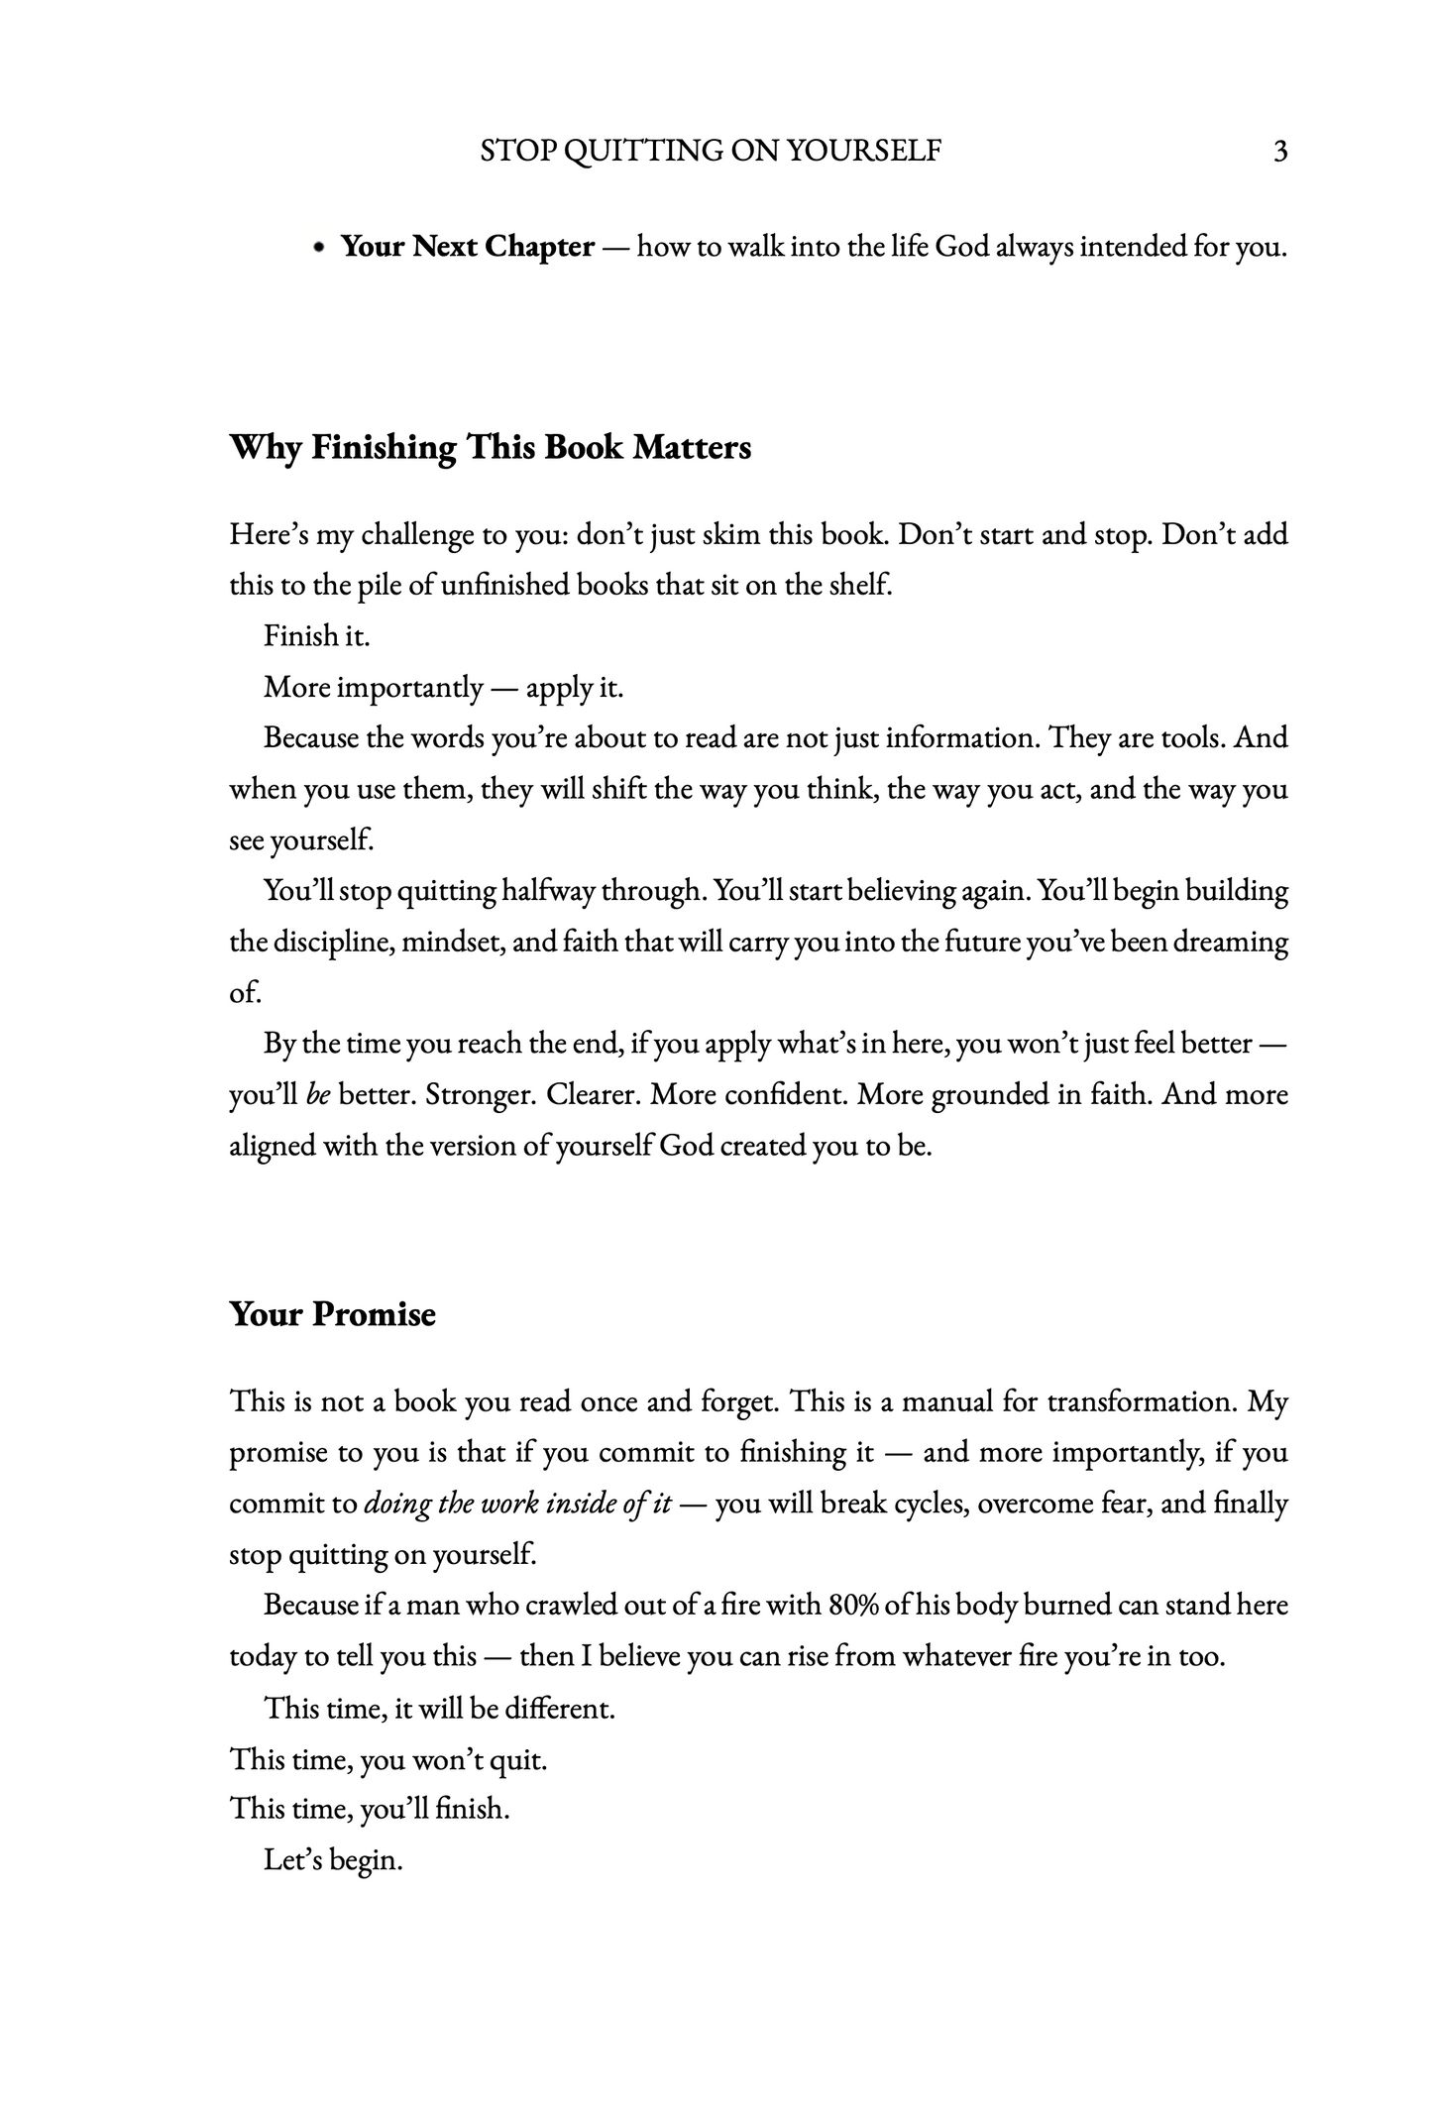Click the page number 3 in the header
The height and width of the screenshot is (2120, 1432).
[x=1279, y=152]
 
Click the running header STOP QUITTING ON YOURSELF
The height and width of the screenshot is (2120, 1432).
[x=711, y=151]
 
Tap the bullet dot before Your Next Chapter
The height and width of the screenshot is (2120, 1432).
[x=318, y=248]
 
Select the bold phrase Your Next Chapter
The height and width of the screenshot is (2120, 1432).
[x=468, y=246]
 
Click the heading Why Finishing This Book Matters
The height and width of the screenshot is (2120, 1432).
[x=491, y=447]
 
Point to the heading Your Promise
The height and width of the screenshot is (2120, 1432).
[x=333, y=1314]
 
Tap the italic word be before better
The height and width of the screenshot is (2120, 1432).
[x=318, y=1095]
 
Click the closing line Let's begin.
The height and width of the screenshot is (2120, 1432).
[x=333, y=1860]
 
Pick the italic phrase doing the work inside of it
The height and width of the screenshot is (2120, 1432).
[x=518, y=1504]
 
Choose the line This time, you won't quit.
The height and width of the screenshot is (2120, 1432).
[x=388, y=1759]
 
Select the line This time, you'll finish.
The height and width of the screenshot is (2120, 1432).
[x=370, y=1810]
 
